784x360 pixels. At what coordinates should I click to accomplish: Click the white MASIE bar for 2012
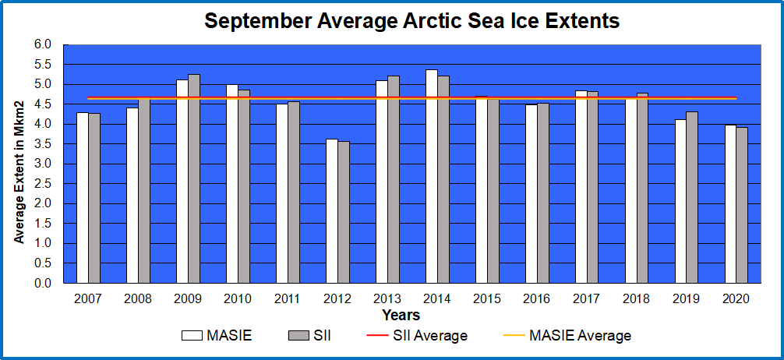(332, 211)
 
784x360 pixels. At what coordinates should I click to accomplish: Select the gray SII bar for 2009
(194, 179)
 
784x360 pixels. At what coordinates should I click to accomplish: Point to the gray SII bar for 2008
(144, 191)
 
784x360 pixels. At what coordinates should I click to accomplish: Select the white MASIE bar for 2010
(232, 184)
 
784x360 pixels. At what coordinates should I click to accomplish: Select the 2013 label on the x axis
(387, 299)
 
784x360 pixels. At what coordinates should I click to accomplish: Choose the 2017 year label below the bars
(587, 299)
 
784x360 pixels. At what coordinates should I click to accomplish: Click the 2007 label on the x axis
(87, 299)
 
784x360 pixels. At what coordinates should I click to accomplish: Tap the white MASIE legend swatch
(192, 336)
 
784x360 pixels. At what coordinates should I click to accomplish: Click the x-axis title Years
(401, 316)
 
